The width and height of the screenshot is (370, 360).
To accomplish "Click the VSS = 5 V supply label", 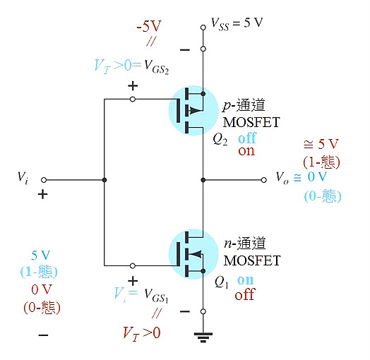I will [237, 23].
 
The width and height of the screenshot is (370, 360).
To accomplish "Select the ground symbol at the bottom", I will [203, 338].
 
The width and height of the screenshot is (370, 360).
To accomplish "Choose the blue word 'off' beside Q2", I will [246, 138].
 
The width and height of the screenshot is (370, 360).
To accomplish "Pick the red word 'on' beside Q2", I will [246, 150].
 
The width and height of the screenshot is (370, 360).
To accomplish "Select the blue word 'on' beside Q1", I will [245, 280].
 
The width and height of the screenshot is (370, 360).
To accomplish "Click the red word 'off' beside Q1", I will [244, 295].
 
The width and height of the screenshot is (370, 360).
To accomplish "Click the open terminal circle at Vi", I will [43, 180].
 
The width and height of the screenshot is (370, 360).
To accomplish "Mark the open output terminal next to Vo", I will [263, 180].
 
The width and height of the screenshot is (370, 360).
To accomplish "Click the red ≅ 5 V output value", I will [321, 146].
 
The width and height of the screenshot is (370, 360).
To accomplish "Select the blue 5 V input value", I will [39, 256].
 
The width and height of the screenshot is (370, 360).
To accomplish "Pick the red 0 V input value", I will [40, 290].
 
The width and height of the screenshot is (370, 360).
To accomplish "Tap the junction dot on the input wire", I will [104, 180].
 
